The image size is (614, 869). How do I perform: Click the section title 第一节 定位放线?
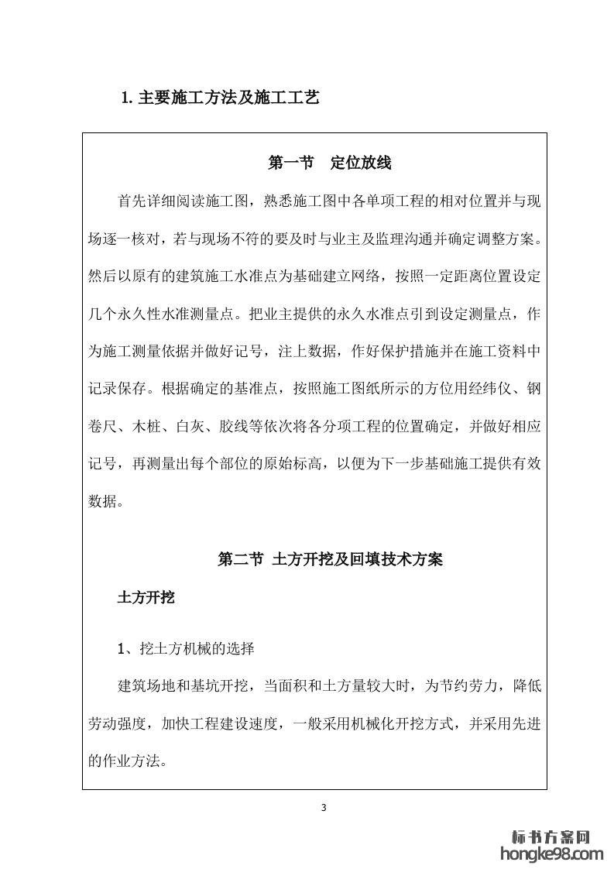[329, 163]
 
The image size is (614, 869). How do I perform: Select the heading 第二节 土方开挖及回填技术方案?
[331, 559]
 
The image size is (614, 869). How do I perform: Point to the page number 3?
[324, 809]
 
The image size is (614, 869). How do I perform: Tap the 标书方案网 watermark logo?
[552, 836]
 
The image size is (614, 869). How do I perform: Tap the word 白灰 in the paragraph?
[190, 426]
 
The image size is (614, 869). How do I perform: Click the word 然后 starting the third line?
[101, 276]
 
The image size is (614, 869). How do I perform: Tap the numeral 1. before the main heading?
[128, 99]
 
